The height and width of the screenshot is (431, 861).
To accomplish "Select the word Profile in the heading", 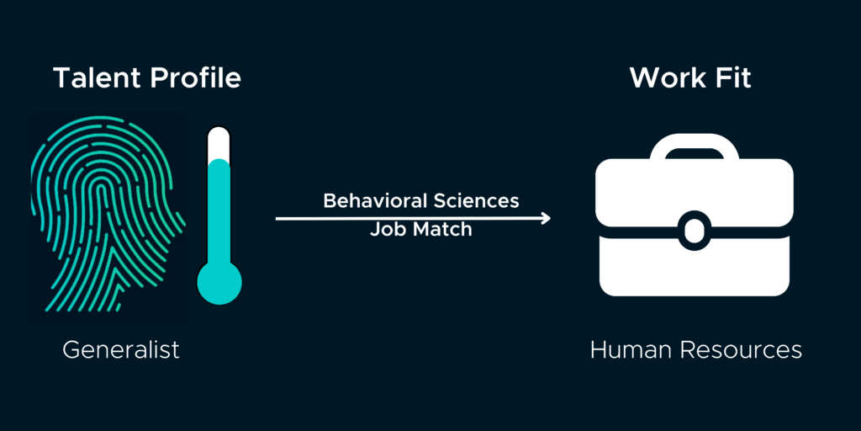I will coord(195,78).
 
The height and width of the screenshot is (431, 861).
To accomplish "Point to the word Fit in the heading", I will coord(732,78).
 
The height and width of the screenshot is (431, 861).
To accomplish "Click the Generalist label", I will coord(121,349).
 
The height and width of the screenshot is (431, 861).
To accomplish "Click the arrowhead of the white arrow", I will coord(547,219).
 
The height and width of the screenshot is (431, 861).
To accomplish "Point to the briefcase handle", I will coord(693,148).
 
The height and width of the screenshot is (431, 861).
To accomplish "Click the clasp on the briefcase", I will coord(693,228).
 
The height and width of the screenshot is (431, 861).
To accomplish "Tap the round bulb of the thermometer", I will coord(219,281).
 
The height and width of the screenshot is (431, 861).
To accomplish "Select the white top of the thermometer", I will coord(219,141).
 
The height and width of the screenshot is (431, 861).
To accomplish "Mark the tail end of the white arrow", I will coord(278,219).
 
